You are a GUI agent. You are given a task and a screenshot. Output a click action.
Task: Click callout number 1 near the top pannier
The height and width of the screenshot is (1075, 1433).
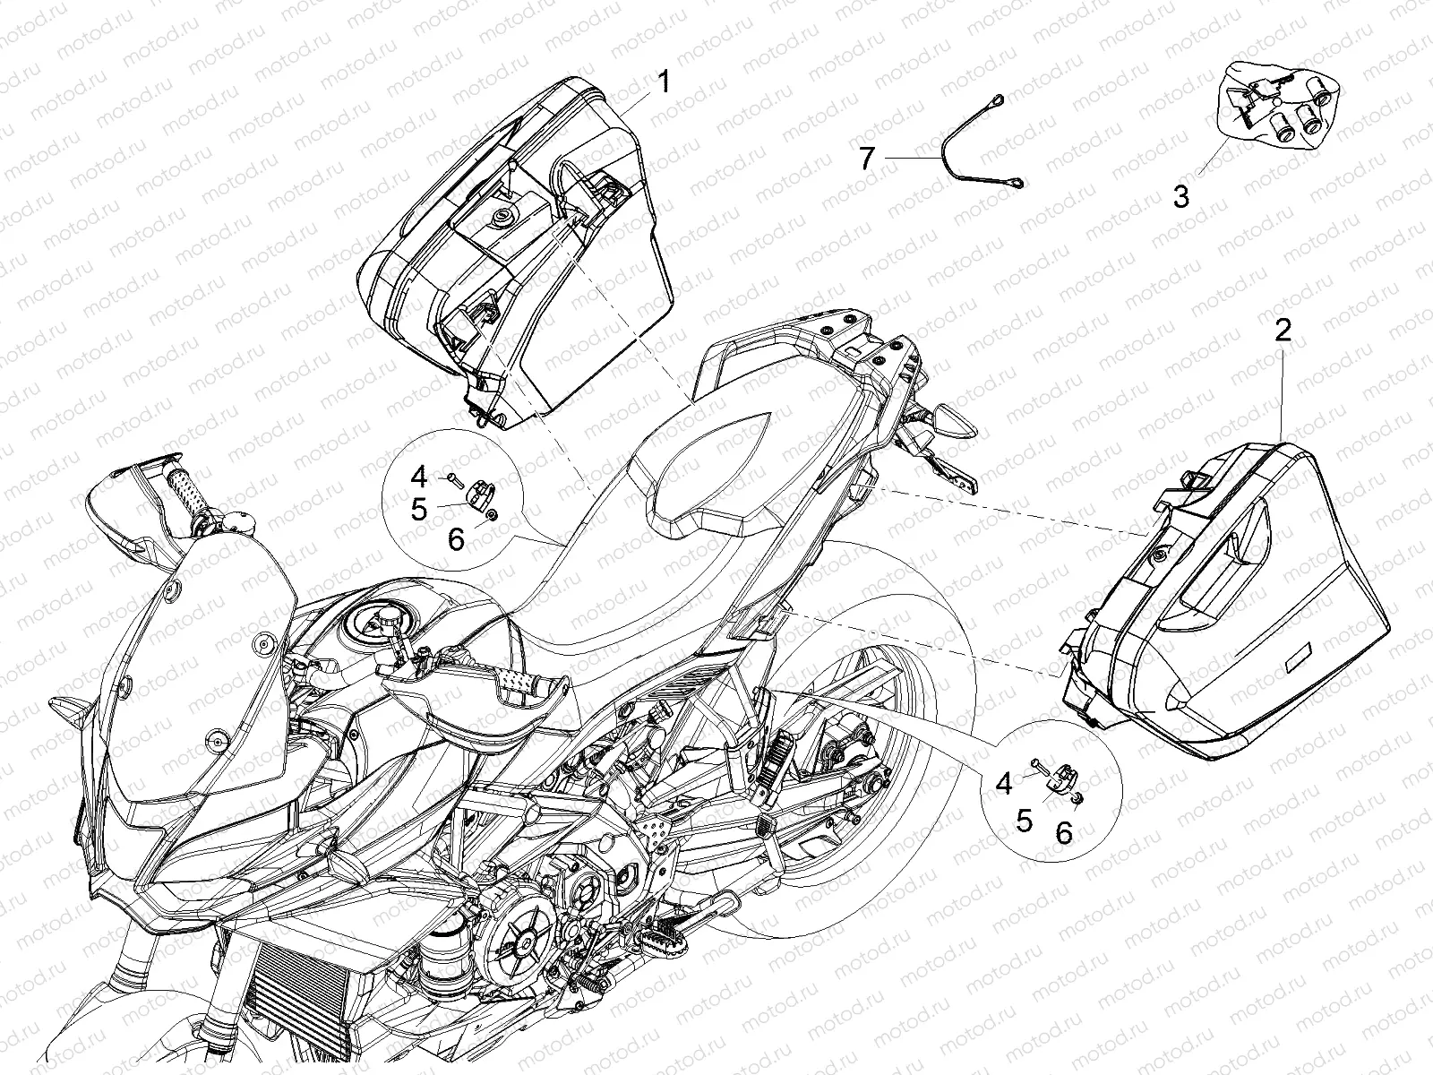coord(663,83)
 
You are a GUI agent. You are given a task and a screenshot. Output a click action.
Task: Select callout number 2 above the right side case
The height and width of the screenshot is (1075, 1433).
coord(1283,331)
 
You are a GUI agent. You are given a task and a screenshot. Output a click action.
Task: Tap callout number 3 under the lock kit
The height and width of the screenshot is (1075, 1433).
coord(1181,196)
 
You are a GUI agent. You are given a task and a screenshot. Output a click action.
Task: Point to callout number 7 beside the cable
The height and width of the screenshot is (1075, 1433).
coord(866,159)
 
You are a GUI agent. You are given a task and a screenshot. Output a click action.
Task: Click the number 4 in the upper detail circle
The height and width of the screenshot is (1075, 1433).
coord(418,477)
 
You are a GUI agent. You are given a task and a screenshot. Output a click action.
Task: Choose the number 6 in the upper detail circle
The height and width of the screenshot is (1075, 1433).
coord(456,538)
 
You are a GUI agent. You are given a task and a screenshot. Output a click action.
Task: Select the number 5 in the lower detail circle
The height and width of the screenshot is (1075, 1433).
coord(1025,821)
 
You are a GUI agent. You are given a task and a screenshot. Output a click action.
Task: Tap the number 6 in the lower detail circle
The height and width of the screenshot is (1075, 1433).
coord(1064,832)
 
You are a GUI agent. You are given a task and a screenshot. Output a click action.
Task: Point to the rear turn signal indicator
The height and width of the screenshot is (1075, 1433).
coord(953,419)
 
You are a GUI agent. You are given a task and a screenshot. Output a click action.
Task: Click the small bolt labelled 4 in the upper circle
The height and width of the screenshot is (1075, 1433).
coord(455,481)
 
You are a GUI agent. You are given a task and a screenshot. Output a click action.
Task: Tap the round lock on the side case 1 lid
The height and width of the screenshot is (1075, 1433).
coord(504,216)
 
